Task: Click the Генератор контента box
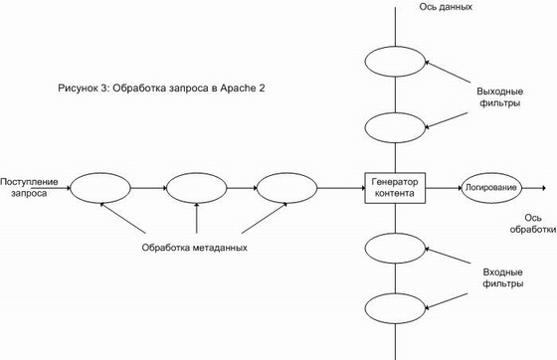pos(395,188)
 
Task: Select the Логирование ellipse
pos(491,188)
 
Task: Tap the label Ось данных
pos(446,7)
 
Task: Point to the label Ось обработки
pos(533,224)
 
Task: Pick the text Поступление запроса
pos(29,187)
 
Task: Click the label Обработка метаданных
pos(194,248)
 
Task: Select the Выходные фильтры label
pos(499,96)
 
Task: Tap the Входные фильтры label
pos(502,278)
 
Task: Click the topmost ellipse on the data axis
pos(395,62)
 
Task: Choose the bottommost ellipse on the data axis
pos(395,308)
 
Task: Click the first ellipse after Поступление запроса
pos(100,188)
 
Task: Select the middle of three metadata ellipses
pos(197,188)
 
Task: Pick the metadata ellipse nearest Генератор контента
pos(286,188)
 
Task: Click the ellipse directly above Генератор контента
pos(395,128)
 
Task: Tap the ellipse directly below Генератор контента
pos(395,249)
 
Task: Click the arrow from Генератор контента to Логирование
pos(444,188)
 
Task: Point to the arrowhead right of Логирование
pos(543,188)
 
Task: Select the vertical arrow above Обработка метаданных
pos(197,218)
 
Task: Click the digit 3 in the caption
pos(103,88)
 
